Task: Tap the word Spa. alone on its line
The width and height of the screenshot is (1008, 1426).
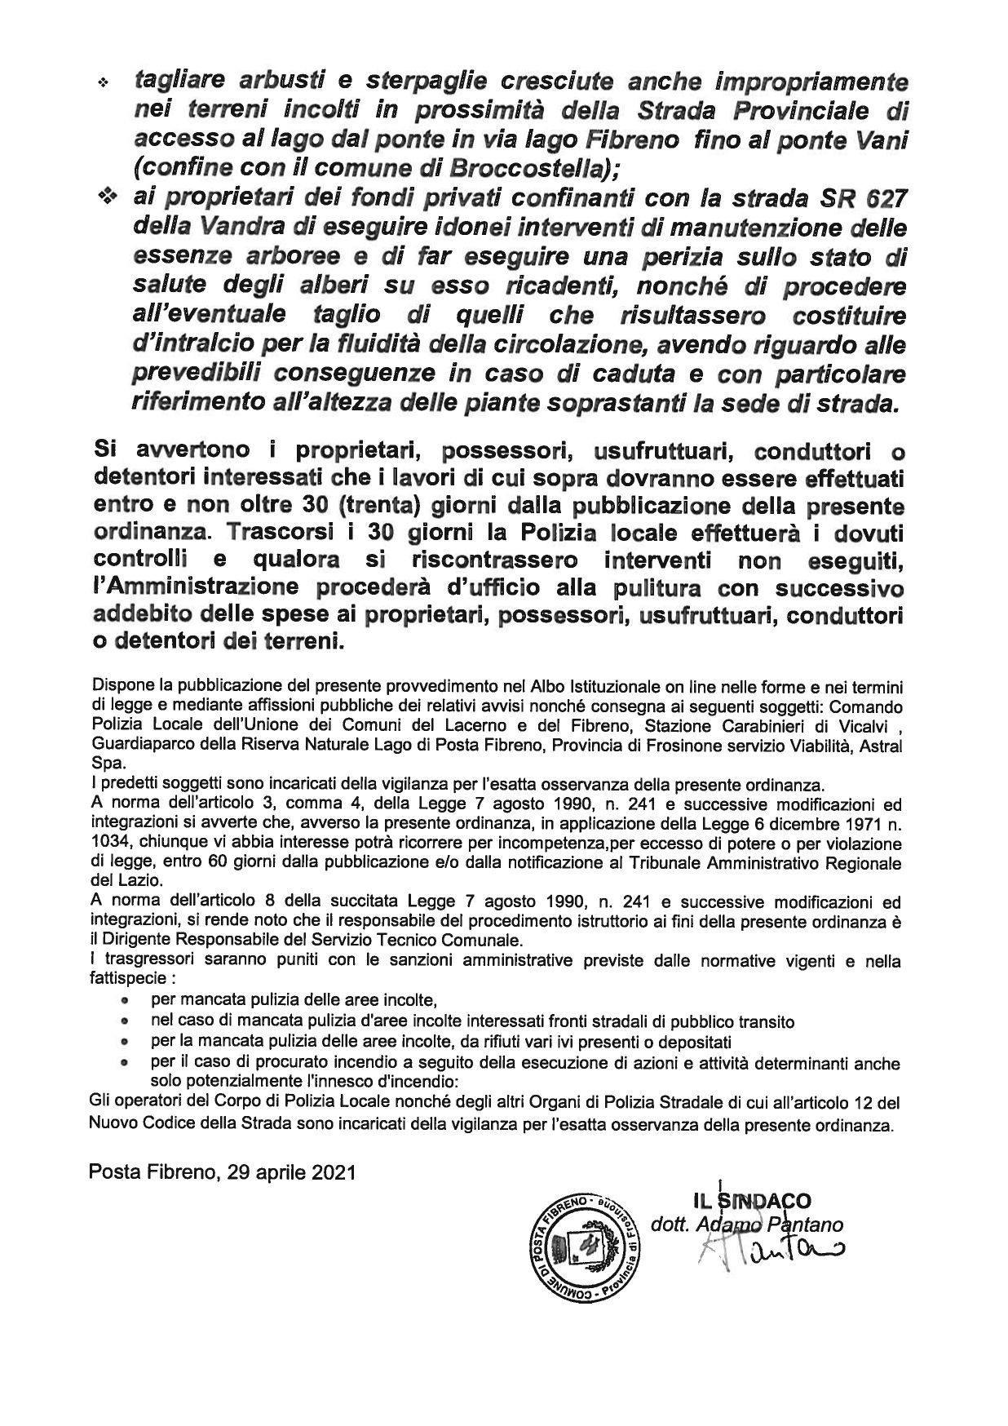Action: (108, 764)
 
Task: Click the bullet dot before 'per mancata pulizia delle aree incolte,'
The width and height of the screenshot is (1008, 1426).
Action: (125, 999)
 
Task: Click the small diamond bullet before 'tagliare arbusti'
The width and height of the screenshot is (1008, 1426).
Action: (104, 83)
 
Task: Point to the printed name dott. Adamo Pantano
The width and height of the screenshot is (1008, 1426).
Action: (747, 1224)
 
